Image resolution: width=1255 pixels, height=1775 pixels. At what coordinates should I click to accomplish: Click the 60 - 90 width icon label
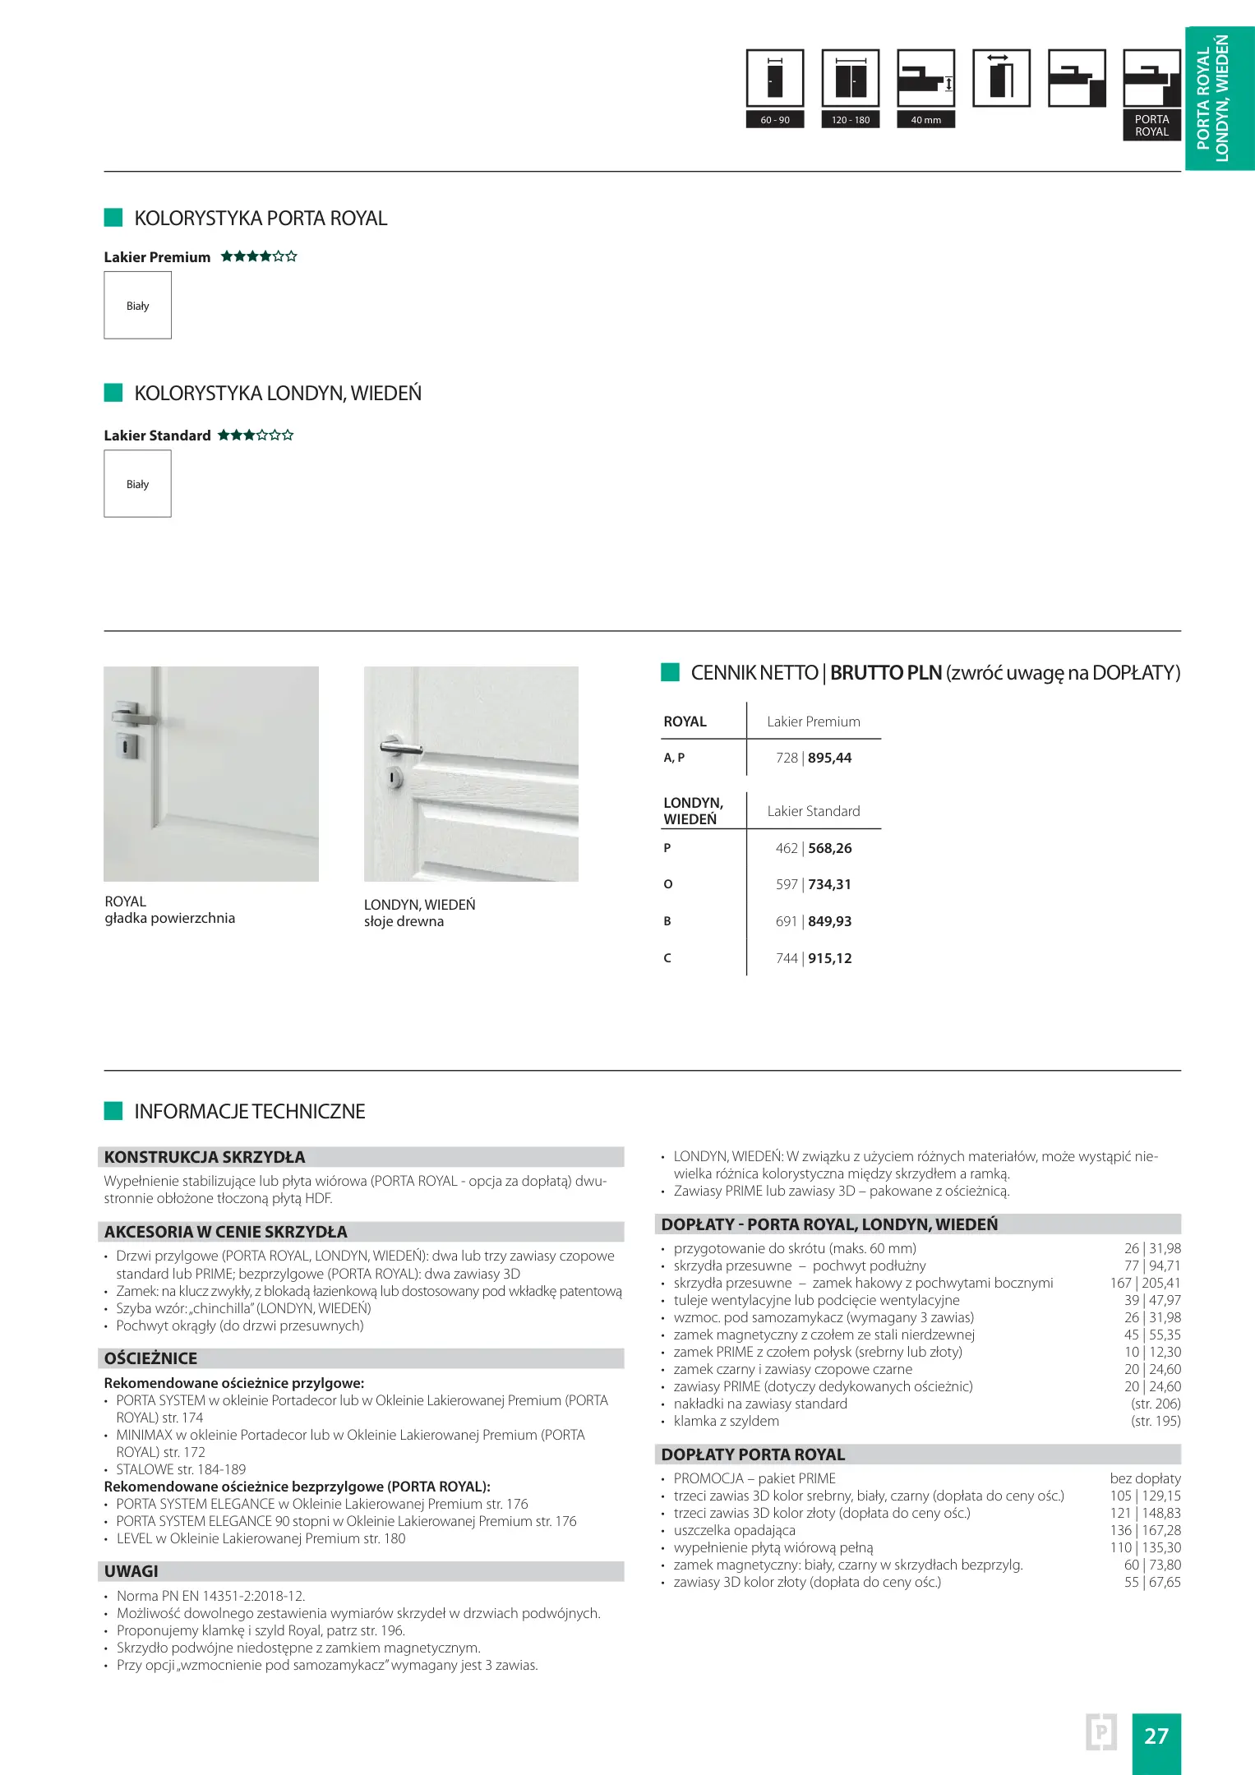[774, 120]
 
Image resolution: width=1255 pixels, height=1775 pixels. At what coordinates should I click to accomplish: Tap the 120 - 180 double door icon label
[850, 120]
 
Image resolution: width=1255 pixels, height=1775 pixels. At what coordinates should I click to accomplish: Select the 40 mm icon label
[925, 120]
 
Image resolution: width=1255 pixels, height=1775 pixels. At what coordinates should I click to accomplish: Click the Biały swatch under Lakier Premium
[137, 306]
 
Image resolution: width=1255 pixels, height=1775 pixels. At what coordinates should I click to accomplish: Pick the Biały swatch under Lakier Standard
[137, 484]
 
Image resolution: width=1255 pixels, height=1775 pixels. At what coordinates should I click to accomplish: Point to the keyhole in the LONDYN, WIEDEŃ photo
[394, 777]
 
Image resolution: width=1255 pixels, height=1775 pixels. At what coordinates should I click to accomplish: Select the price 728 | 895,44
[813, 758]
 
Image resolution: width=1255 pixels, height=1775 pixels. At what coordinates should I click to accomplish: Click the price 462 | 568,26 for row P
[813, 848]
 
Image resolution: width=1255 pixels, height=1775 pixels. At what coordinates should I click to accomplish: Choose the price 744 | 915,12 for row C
[813, 958]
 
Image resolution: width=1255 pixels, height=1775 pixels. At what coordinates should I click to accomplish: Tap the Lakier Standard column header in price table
[813, 811]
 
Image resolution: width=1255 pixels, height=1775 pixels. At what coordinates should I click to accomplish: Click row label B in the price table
[667, 921]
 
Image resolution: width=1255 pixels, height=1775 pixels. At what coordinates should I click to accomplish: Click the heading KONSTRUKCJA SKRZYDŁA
[205, 1157]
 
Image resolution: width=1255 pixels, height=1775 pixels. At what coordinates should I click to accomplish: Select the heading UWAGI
[131, 1571]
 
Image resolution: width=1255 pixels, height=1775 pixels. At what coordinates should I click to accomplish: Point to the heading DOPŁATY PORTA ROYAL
[753, 1455]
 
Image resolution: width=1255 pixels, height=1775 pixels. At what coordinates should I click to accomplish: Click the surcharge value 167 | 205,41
[1145, 1283]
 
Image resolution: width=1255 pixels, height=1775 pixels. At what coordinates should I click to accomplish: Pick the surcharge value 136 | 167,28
[1145, 1530]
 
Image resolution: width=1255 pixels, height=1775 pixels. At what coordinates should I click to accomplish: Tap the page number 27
[1156, 1736]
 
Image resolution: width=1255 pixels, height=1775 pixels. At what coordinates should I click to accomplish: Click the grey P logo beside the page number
[1100, 1732]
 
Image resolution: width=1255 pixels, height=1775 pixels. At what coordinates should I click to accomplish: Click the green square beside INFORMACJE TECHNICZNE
[113, 1111]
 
